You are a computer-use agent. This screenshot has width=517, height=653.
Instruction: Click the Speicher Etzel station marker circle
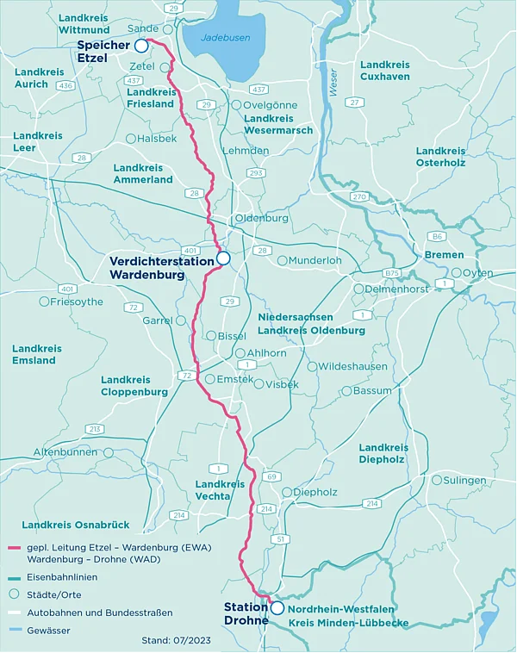(x=141, y=46)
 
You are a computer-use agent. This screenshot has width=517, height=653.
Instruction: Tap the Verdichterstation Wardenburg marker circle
(x=223, y=258)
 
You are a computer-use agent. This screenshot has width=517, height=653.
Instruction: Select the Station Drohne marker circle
(x=277, y=607)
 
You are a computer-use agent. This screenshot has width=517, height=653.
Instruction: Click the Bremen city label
(x=444, y=255)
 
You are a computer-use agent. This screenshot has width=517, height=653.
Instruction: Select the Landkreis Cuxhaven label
(x=385, y=71)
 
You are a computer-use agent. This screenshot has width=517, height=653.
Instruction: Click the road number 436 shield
(x=65, y=85)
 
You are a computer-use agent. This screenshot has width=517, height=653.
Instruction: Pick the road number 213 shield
(x=95, y=429)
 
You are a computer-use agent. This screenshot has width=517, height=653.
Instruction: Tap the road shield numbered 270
(x=359, y=197)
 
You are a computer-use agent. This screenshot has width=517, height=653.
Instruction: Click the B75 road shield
(x=393, y=273)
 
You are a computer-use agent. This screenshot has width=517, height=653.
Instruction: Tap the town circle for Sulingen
(x=436, y=480)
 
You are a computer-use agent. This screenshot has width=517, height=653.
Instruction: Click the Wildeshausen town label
(x=353, y=366)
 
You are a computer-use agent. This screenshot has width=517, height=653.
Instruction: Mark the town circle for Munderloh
(x=282, y=260)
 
